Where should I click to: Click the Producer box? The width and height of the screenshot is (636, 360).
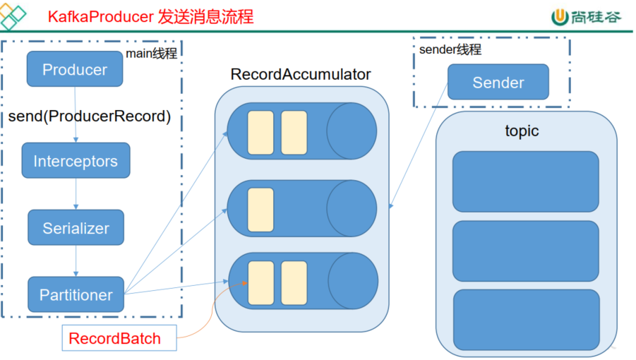click(75, 69)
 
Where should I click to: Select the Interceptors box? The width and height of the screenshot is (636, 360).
click(76, 161)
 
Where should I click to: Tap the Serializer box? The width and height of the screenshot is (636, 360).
click(76, 228)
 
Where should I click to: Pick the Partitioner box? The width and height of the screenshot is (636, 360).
click(76, 295)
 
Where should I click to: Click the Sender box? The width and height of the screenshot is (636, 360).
click(498, 83)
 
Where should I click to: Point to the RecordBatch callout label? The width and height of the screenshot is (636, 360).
click(114, 339)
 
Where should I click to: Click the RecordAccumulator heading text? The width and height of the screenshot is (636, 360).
click(300, 74)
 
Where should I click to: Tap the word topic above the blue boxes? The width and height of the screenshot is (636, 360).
click(522, 131)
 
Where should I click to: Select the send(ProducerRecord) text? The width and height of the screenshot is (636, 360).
click(90, 116)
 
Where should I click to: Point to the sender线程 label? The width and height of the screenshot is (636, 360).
click(450, 50)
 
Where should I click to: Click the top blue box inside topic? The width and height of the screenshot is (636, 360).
click(525, 181)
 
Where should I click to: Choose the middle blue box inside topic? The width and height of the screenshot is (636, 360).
click(525, 250)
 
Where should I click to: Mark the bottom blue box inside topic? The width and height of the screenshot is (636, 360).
click(525, 319)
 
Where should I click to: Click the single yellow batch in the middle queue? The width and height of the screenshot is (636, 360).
click(260, 210)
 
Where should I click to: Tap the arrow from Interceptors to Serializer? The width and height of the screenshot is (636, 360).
click(76, 194)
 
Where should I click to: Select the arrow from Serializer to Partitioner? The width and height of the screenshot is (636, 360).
click(76, 261)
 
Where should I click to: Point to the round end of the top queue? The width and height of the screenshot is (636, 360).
click(352, 133)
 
